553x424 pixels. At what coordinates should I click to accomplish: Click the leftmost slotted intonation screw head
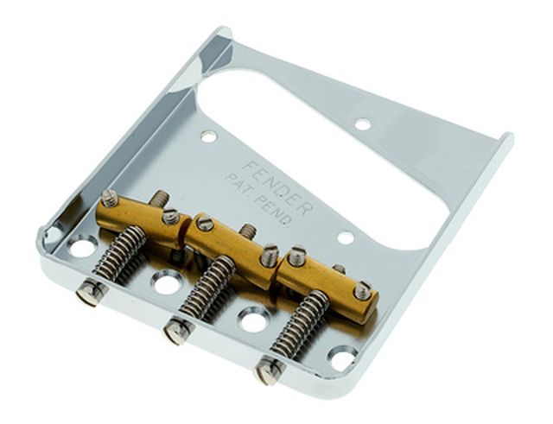click(x=94, y=293)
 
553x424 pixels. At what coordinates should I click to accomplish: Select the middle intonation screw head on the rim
click(x=177, y=329)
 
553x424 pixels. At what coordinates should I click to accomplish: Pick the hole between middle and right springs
click(x=251, y=320)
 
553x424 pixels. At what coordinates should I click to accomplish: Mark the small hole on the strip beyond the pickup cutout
click(x=363, y=123)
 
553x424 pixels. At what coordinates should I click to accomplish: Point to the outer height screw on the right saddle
click(x=363, y=291)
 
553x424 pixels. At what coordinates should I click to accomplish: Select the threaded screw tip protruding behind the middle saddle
click(x=248, y=231)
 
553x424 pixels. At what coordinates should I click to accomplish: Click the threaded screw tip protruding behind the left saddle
click(x=161, y=199)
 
